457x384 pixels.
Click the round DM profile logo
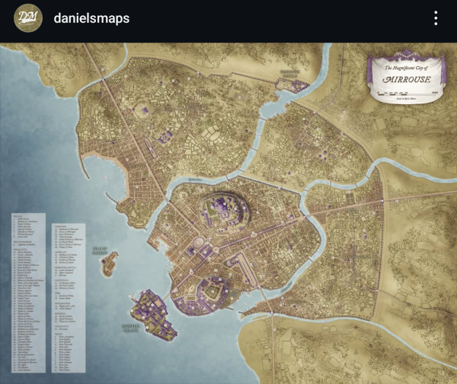pyautogui.click(x=28, y=18)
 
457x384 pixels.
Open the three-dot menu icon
pyautogui.click(x=436, y=18)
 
